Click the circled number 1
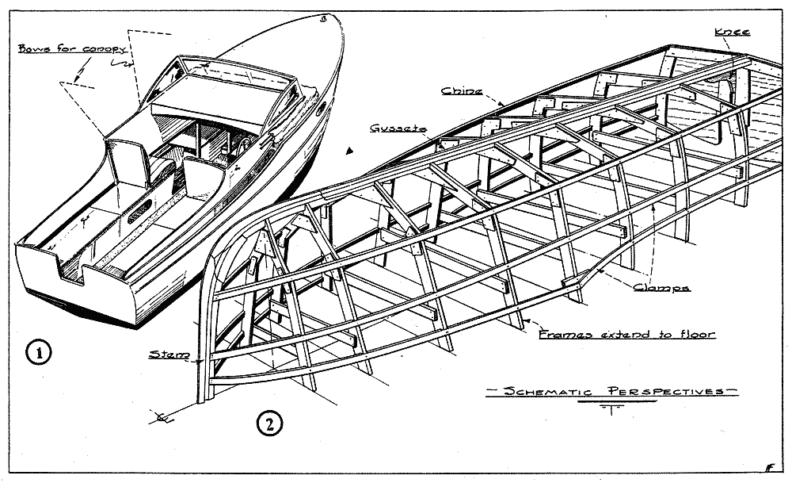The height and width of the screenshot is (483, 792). pyautogui.click(x=38, y=352)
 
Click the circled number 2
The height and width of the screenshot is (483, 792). pyautogui.click(x=269, y=424)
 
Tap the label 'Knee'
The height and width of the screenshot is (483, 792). pyautogui.click(x=732, y=32)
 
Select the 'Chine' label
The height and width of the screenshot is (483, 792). pyautogui.click(x=462, y=91)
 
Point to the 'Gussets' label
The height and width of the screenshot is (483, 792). pyautogui.click(x=398, y=128)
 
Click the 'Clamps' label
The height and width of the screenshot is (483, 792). pyautogui.click(x=661, y=287)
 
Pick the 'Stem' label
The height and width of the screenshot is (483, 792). pyautogui.click(x=169, y=355)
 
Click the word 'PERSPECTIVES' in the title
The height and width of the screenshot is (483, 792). pyautogui.click(x=666, y=391)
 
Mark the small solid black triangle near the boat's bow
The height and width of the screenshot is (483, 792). pyautogui.click(x=348, y=150)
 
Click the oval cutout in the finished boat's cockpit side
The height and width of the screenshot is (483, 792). pyautogui.click(x=140, y=211)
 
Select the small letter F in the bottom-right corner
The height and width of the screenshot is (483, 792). pyautogui.click(x=770, y=467)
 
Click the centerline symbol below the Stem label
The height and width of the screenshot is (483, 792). pyautogui.click(x=162, y=417)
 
